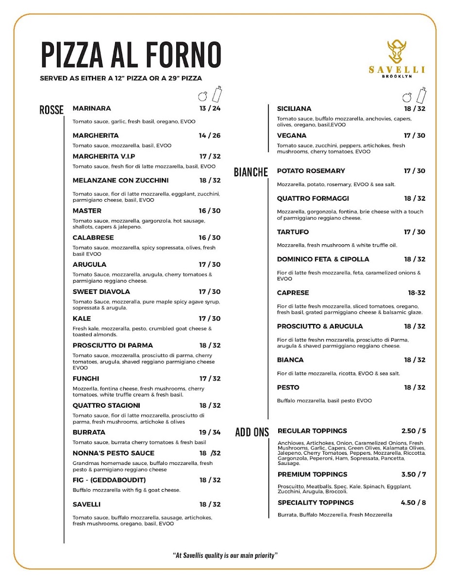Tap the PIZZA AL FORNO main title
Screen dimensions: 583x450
[x=131, y=54]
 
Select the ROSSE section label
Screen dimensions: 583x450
[x=51, y=110]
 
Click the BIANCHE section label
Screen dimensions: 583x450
[x=251, y=172]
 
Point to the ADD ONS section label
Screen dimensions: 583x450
[x=252, y=432]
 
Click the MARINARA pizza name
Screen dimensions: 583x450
[x=92, y=108]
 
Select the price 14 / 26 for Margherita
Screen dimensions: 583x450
[x=209, y=136]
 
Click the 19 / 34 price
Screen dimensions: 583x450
[x=209, y=432]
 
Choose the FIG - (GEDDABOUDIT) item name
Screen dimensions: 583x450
[x=109, y=480]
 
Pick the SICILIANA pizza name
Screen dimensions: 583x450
[x=294, y=109]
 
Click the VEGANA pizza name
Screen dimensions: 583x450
[x=292, y=136]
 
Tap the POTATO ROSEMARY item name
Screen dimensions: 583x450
[x=311, y=171]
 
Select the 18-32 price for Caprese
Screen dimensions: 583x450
[x=416, y=293]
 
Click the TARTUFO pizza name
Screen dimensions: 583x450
[x=293, y=232]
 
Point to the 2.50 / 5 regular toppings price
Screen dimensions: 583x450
[x=413, y=431]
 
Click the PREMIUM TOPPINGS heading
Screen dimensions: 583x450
[x=312, y=474]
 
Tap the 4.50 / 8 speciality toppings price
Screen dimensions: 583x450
[x=413, y=502]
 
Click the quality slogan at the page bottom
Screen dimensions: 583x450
[x=225, y=555]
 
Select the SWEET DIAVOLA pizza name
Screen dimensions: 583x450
[x=101, y=292]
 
